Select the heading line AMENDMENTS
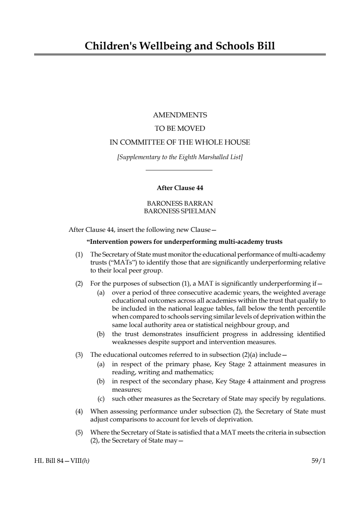pos(180,115)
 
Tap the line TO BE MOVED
pos(180,129)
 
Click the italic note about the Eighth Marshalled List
pos(180,157)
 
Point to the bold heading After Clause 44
pos(180,188)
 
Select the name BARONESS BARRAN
pos(180,203)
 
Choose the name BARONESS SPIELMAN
pos(180,211)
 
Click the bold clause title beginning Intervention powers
pos(185,242)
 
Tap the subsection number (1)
pos(79,254)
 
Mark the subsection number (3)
pos(79,355)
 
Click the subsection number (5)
pos(79,432)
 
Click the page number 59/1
pos(318,461)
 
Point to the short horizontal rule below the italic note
pos(179,170)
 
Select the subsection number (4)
pos(79,411)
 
